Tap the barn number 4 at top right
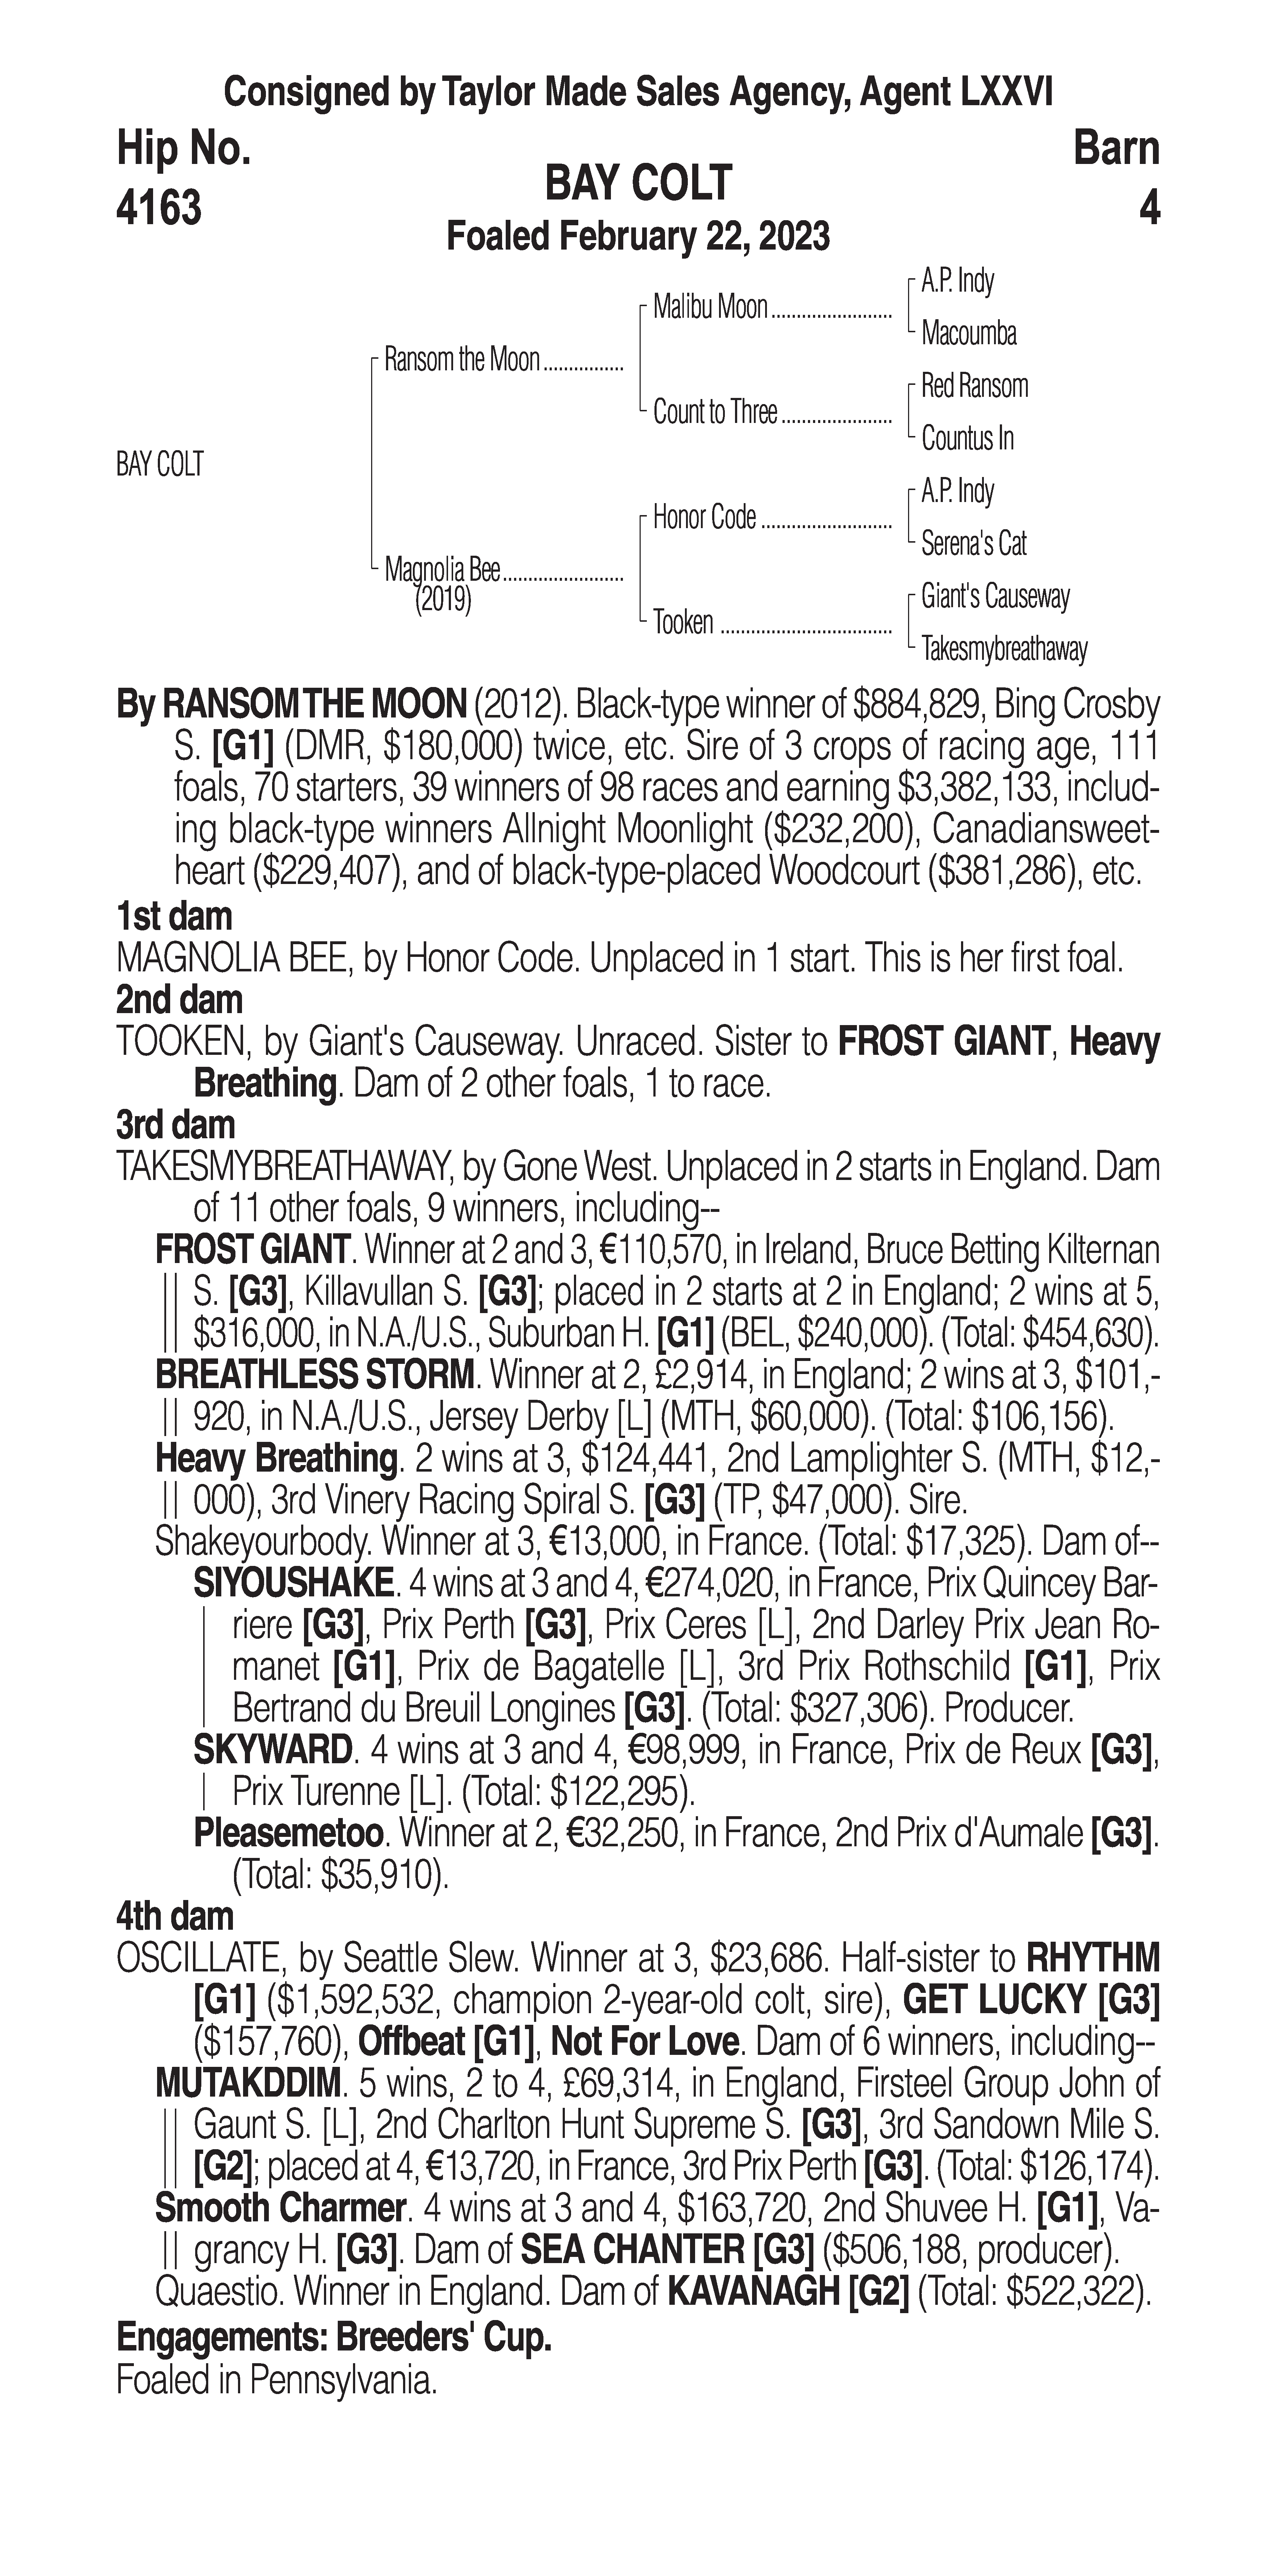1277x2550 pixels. pyautogui.click(x=1148, y=208)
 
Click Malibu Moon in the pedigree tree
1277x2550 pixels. pyautogui.click(x=710, y=308)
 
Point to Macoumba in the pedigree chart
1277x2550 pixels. pyautogui.click(x=968, y=334)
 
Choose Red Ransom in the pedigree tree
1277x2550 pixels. pyautogui.click(x=974, y=386)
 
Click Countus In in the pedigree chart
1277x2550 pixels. pyautogui.click(x=967, y=439)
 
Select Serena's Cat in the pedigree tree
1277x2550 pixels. pyautogui.click(x=973, y=543)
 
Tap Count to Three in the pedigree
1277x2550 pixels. pyautogui.click(x=715, y=413)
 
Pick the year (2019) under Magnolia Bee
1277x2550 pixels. pyautogui.click(x=443, y=600)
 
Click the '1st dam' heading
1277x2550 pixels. pyautogui.click(x=174, y=917)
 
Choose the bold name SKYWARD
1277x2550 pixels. pyautogui.click(x=272, y=1750)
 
